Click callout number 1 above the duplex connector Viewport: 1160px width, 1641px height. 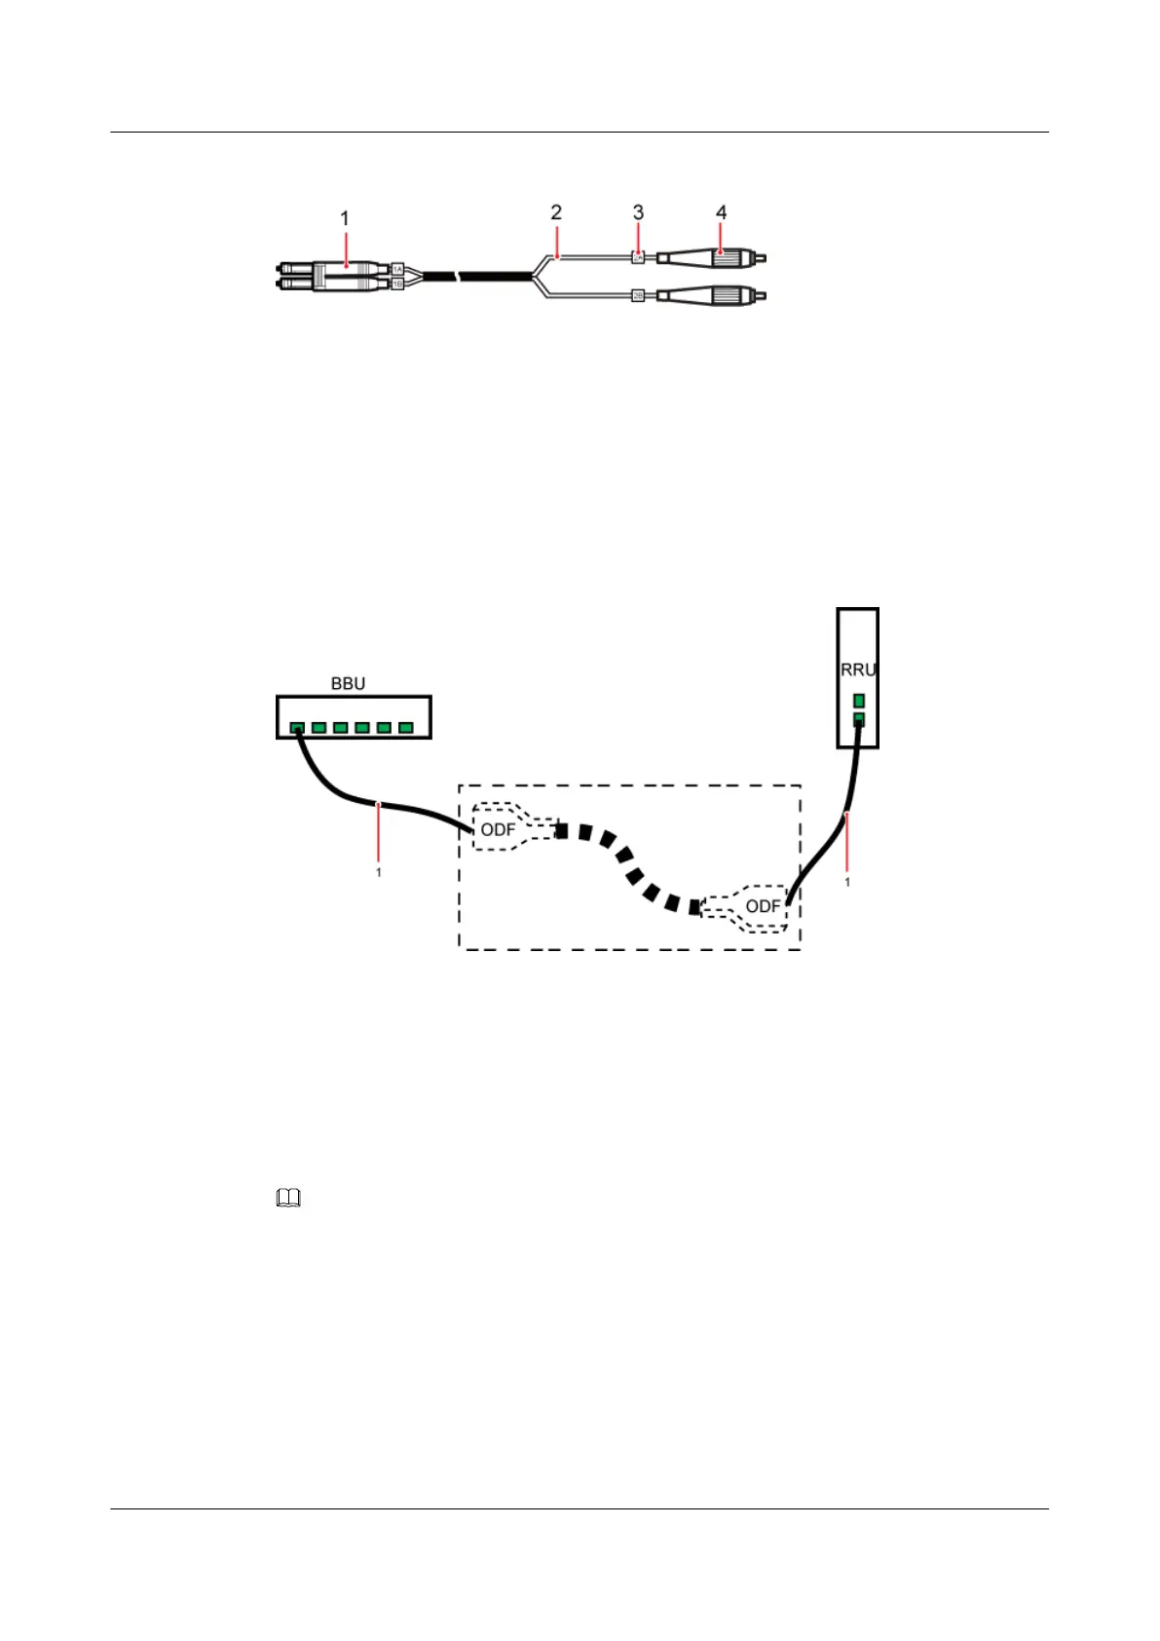[x=345, y=219]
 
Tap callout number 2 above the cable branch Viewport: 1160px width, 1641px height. [x=556, y=212]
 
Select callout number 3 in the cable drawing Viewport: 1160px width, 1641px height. [x=638, y=212]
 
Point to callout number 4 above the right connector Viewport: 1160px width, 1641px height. [x=721, y=212]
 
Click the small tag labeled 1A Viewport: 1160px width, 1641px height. [x=397, y=267]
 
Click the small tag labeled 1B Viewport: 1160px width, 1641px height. [x=397, y=284]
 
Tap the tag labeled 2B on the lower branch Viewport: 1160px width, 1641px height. [x=638, y=293]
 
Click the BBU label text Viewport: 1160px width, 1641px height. [x=348, y=684]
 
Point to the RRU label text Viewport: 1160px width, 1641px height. [x=858, y=670]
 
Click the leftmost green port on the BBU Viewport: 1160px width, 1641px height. [x=297, y=728]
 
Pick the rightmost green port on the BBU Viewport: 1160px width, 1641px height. [x=406, y=728]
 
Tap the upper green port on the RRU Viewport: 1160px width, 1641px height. [x=858, y=700]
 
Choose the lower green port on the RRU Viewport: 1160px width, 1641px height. [x=858, y=719]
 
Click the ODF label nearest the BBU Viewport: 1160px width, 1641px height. [x=498, y=830]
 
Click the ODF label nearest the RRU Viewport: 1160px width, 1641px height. [x=763, y=907]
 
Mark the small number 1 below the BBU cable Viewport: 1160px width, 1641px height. [x=379, y=873]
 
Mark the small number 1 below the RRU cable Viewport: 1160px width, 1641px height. [x=847, y=882]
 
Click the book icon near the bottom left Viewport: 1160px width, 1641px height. [x=289, y=1200]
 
